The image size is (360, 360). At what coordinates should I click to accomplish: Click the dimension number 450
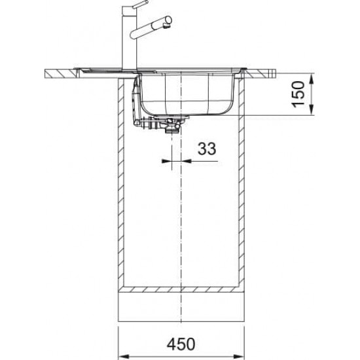tap(181, 344)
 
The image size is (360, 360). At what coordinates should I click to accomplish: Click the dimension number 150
tap(298, 94)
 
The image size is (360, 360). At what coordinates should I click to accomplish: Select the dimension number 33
tap(207, 149)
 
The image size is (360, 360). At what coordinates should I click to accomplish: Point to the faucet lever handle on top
tap(140, 5)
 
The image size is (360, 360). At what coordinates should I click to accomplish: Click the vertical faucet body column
tap(129, 38)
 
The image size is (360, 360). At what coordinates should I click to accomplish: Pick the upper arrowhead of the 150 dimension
tap(312, 79)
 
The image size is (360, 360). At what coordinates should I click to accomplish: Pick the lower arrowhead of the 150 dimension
tap(312, 109)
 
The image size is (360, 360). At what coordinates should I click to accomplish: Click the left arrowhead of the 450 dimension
tap(124, 357)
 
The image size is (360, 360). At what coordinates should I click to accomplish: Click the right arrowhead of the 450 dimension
tap(239, 357)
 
